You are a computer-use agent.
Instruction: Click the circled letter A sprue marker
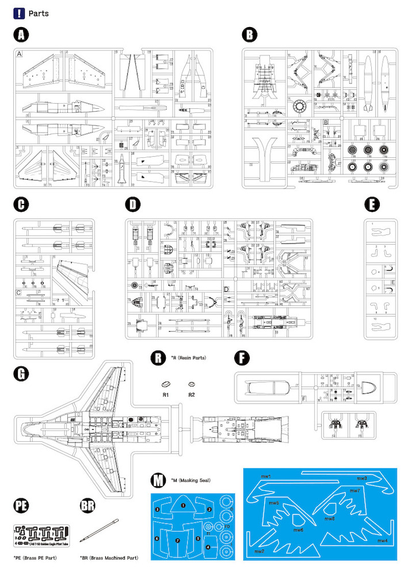pyautogui.click(x=21, y=35)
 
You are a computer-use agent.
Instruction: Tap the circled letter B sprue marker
pyautogui.click(x=249, y=35)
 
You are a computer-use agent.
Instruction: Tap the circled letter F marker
pyautogui.click(x=243, y=358)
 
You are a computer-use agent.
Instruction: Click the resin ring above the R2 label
pyautogui.click(x=192, y=382)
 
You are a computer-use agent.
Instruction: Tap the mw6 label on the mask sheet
pyautogui.click(x=298, y=530)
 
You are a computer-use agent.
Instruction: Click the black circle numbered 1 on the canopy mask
pyautogui.click(x=183, y=505)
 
